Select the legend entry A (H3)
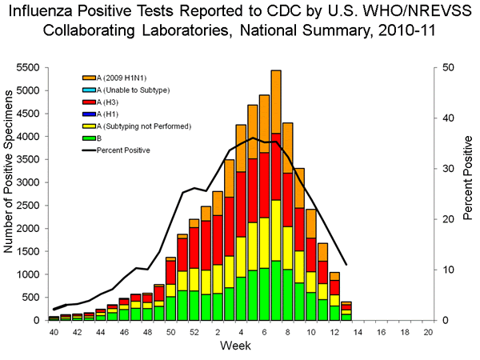(x=108, y=102)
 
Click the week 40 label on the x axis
(x=54, y=330)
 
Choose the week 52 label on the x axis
(x=194, y=330)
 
